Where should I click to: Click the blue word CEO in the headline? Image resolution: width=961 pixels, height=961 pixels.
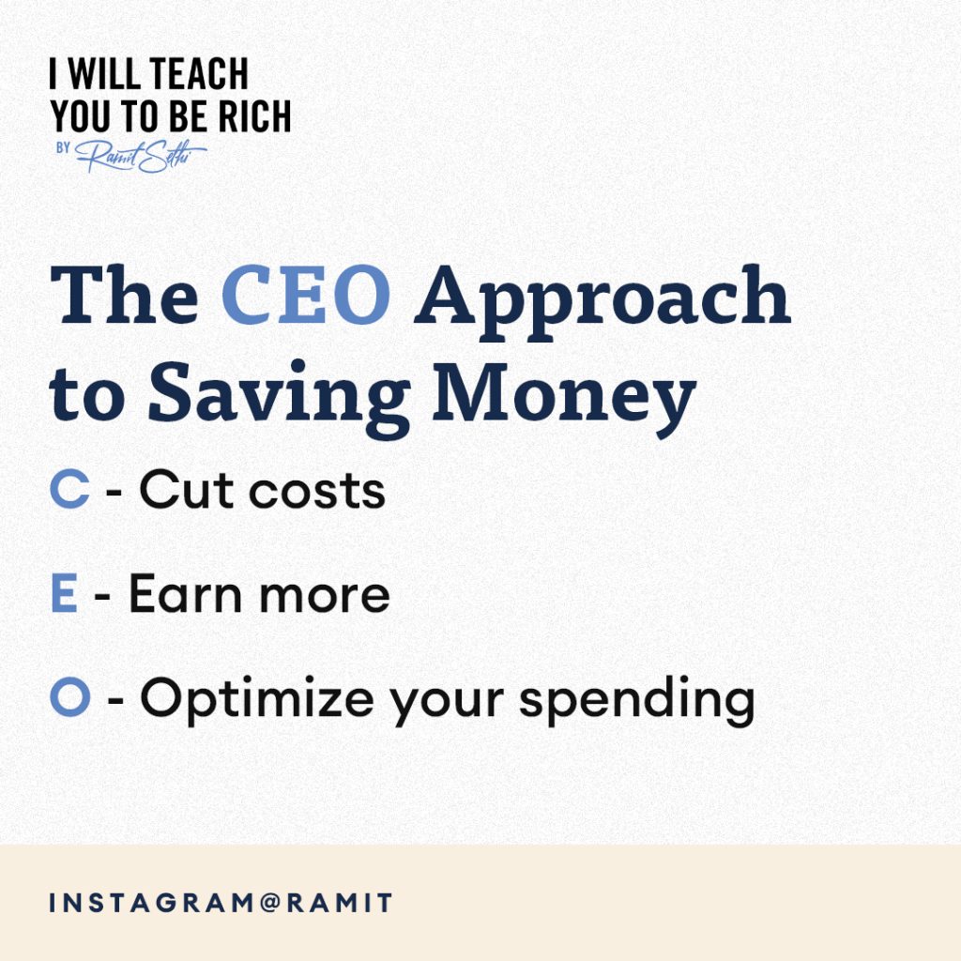[x=306, y=295]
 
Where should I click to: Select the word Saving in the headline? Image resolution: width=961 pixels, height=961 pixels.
[x=279, y=399]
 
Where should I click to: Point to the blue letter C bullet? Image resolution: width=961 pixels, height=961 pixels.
[x=69, y=489]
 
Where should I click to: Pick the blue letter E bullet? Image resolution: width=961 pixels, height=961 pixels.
[x=64, y=593]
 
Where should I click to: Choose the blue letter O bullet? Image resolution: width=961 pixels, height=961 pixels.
[x=69, y=696]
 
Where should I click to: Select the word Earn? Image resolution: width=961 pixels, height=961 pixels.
[x=185, y=593]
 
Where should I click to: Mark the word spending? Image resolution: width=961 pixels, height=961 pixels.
[x=637, y=701]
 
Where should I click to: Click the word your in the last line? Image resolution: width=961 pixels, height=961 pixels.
[x=447, y=706]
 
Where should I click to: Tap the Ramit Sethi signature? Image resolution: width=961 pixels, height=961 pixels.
[x=141, y=157]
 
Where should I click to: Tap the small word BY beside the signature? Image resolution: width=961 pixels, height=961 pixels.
[x=63, y=148]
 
